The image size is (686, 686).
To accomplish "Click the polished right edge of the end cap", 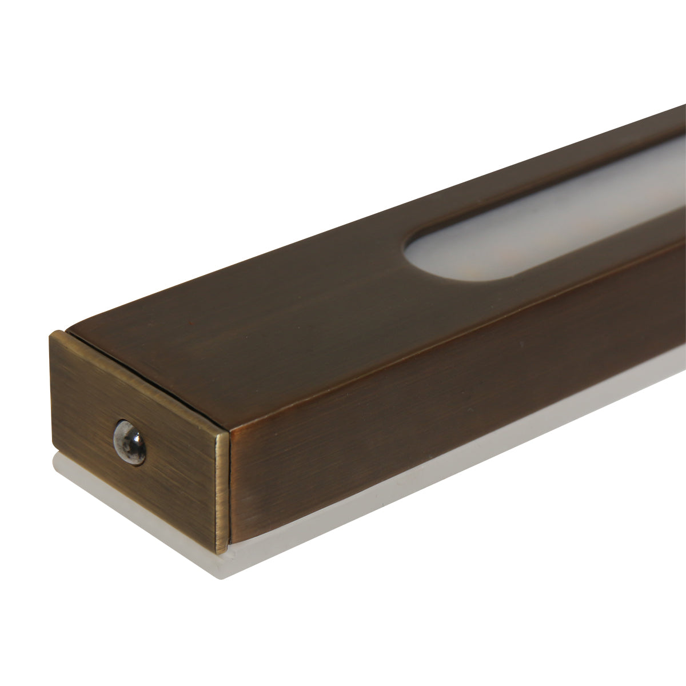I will (224, 486).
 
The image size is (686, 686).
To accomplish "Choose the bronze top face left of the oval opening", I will (257, 286).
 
